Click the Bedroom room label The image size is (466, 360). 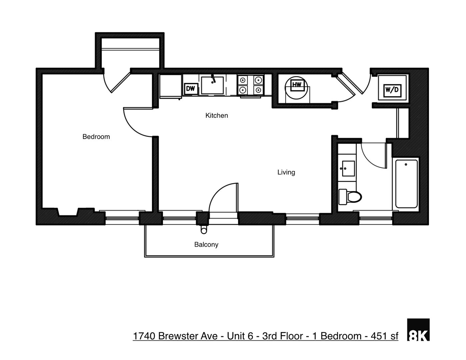pos(96,137)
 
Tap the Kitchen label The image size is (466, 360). pos(217,115)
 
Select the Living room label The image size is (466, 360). pos(286,172)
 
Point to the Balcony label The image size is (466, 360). pos(206,244)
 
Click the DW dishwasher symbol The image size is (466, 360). pos(190,89)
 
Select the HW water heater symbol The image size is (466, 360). pos(296,85)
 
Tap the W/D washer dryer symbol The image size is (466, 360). pos(392,89)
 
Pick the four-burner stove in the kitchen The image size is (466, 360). pos(250,85)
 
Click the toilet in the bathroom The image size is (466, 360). pos(350,196)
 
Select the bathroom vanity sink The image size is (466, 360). pos(348,169)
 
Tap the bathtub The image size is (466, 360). pos(406,184)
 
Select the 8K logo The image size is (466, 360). pos(418,330)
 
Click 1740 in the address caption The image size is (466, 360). pos(144,336)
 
